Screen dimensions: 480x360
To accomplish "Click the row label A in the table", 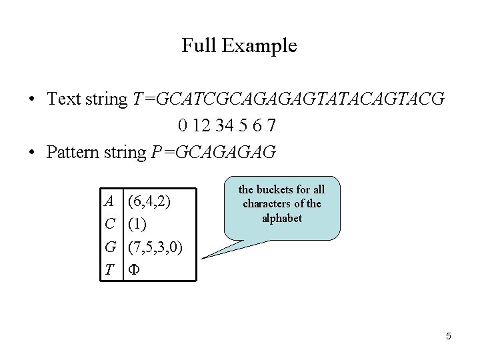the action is click(109, 200).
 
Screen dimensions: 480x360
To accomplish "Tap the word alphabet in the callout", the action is click(282, 218).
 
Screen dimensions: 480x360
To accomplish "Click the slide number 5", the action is click(449, 337).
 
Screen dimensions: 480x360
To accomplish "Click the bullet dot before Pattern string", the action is click(31, 153).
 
